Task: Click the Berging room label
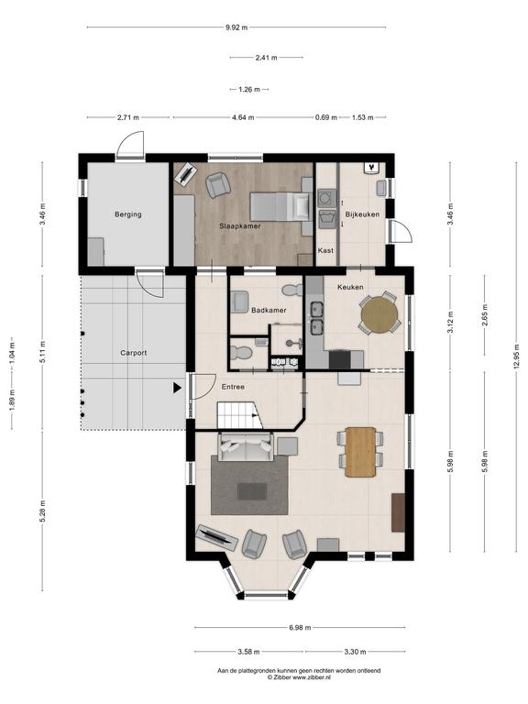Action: tap(128, 214)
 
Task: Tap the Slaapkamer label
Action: tap(240, 226)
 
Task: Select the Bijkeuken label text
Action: tap(362, 214)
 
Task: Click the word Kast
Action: tap(325, 250)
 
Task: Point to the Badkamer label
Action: tap(269, 310)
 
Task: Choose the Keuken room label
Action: tap(350, 287)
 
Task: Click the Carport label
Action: tap(133, 353)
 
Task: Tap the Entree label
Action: tap(233, 387)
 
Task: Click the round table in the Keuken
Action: tap(379, 313)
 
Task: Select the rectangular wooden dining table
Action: tap(360, 452)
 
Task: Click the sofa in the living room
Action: tap(245, 445)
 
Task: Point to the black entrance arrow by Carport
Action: tap(177, 388)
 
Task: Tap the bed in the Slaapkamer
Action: tap(280, 206)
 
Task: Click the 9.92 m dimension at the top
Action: tap(236, 27)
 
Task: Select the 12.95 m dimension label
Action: tap(518, 356)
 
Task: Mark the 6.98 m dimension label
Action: tap(300, 628)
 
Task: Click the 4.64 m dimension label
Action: tap(243, 117)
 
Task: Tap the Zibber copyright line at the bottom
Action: tap(299, 676)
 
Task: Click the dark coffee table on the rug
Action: tap(252, 491)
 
